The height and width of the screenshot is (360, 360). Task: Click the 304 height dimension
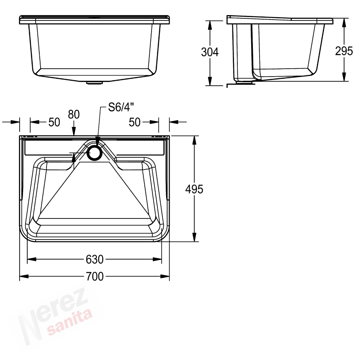[210, 52]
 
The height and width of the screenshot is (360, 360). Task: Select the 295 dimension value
[344, 51]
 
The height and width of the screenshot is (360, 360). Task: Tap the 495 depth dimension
[194, 189]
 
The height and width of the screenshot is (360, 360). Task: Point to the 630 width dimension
[95, 260]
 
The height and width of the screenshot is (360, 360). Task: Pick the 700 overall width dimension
[95, 276]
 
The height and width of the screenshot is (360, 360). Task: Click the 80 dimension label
[74, 114]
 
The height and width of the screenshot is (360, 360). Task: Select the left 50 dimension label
[54, 122]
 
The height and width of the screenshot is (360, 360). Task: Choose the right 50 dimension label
[134, 122]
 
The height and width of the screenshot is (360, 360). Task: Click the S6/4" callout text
[121, 107]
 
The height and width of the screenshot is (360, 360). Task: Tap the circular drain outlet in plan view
[94, 152]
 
